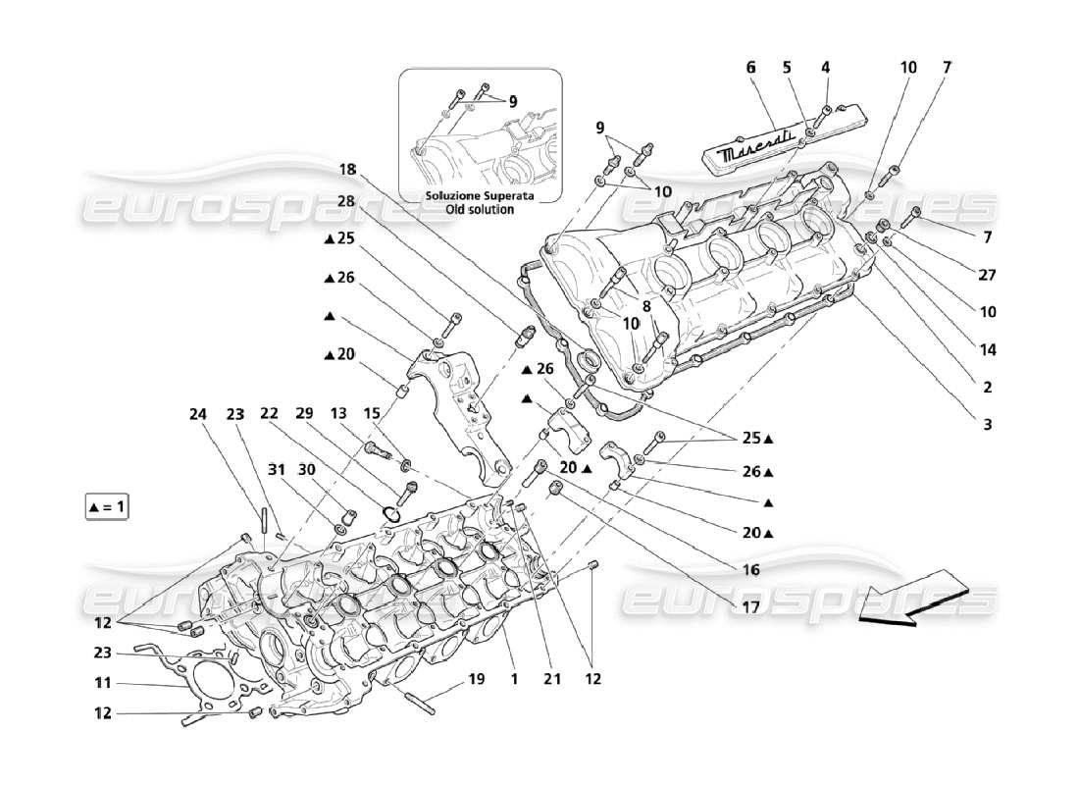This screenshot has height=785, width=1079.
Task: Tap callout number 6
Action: coord(751,68)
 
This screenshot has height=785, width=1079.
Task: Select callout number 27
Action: coord(988,275)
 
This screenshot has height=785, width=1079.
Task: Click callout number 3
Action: coord(988,424)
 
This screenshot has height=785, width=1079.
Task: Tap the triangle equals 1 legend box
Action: coord(107,507)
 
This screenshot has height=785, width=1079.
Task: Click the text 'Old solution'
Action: coord(479,210)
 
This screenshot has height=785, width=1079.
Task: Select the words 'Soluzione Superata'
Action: coord(479,196)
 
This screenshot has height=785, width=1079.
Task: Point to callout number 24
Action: coord(199,415)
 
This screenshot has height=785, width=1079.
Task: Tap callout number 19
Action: coord(477,678)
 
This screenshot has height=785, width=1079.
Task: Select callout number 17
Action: coord(750,606)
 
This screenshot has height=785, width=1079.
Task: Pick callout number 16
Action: coord(750,569)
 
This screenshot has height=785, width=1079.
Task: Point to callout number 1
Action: coord(513,678)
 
